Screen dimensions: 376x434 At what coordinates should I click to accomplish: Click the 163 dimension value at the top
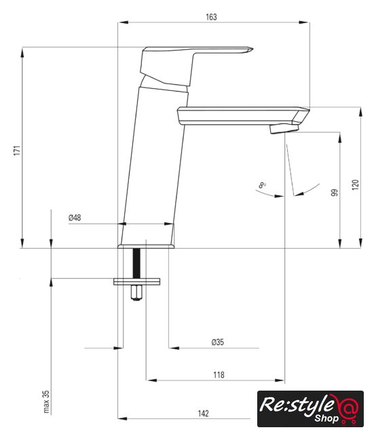[211, 17]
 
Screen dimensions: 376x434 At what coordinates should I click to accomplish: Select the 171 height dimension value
[17, 150]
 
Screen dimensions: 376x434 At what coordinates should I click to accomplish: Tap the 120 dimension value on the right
[356, 184]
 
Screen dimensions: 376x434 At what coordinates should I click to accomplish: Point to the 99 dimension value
[335, 193]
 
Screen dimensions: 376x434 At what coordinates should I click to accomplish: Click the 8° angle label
[262, 185]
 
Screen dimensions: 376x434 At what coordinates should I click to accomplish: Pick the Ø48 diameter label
[75, 218]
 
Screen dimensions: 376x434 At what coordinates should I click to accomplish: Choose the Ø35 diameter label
[217, 342]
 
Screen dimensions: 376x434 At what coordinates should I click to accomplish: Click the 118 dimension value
[219, 375]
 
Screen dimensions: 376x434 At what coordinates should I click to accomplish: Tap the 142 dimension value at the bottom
[203, 414]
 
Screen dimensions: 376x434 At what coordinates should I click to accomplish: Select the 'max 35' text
[46, 401]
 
